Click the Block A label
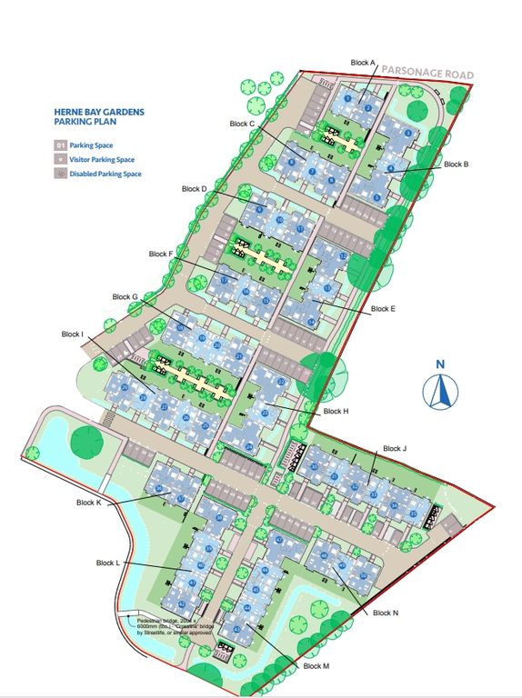pos(363,63)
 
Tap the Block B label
pos(456,165)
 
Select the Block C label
pos(242,123)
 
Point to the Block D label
pos(195,189)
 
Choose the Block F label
pos(158,254)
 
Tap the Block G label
pos(125,296)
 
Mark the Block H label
pos(336,412)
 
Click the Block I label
pos(69,334)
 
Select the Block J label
pos(395,448)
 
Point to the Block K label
pos(89,503)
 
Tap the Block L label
pos(108,563)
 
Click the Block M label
pos(316,667)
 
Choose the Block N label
pos(386,613)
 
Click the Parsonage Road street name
pos(427,73)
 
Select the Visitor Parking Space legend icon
pos(61,159)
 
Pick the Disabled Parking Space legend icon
pos(61,174)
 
